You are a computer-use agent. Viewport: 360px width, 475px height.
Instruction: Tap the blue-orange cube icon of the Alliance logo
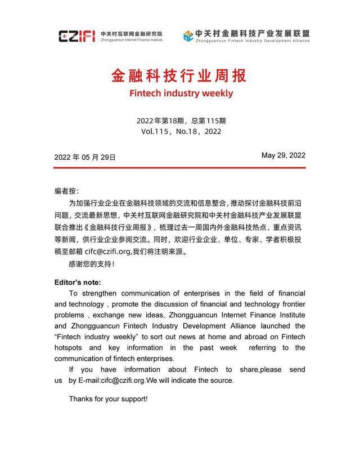[x=188, y=37]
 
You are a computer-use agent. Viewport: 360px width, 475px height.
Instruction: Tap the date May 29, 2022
[x=283, y=156]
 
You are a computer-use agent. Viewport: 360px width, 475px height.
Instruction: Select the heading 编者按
[x=66, y=191]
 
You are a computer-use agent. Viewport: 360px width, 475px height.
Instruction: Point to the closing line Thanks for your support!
[x=108, y=398]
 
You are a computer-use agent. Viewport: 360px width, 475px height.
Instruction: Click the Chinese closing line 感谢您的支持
[x=91, y=264]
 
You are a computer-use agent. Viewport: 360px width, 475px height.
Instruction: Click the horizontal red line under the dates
[x=180, y=167]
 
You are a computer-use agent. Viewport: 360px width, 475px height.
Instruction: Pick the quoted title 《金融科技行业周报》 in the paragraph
[x=117, y=227]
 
